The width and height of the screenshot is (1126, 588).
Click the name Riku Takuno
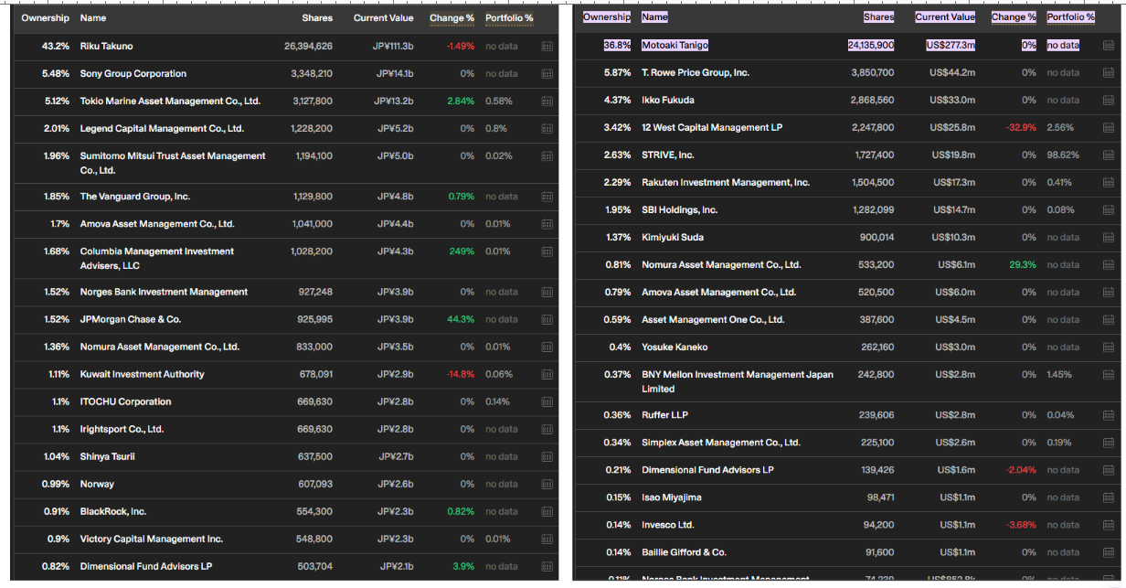tap(106, 46)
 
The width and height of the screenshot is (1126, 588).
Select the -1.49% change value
tap(460, 46)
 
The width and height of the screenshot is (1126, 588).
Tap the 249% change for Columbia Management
tap(462, 251)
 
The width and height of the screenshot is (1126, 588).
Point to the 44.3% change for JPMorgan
tap(460, 319)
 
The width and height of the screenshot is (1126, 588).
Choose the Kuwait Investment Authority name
tap(142, 374)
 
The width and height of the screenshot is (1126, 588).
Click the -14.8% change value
tap(460, 374)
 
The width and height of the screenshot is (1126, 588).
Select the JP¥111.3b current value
tap(393, 46)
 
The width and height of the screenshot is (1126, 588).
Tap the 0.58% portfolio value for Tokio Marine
tap(499, 101)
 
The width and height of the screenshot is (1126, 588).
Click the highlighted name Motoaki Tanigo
tap(675, 45)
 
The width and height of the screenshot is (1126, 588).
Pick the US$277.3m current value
tap(951, 45)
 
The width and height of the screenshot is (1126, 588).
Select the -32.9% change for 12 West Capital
tap(1021, 127)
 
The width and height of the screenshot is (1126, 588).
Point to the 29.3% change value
tap(1022, 264)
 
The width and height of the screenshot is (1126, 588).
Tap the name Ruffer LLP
tap(664, 415)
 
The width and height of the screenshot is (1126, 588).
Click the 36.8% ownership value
tap(617, 45)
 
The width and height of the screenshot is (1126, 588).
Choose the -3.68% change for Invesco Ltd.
tap(1021, 525)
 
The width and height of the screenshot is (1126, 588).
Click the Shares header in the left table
tap(317, 18)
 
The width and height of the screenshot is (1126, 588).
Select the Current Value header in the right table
tap(945, 17)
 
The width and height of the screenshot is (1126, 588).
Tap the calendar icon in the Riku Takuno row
tap(547, 46)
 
